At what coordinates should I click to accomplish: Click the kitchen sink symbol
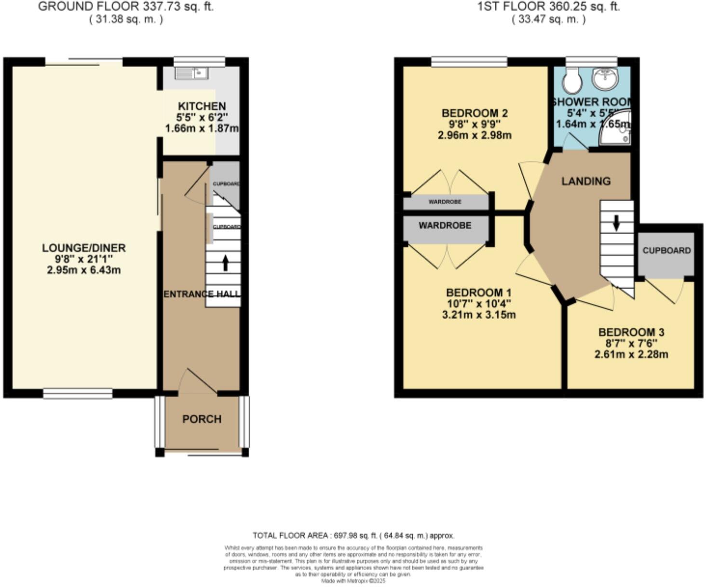pos(191,73)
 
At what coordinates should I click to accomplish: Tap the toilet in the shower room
pos(572,81)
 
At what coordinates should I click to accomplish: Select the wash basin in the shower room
pos(605,79)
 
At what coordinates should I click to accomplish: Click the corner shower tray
pos(617,127)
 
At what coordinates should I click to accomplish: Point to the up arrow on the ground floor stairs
pos(225,264)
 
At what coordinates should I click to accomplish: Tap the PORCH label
pos(202,419)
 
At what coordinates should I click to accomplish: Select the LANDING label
pos(585,181)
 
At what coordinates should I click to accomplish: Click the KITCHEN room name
pos(202,106)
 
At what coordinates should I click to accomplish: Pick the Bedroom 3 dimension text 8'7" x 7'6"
pos(631,343)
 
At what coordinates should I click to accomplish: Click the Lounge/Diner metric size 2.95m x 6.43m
pos(83,270)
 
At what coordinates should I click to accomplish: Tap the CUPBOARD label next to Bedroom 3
pos(666,251)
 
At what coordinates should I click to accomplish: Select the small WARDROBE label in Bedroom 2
pos(445,202)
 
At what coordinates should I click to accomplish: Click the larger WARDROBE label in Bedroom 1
pos(445,225)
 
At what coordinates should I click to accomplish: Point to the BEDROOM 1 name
pos(478,293)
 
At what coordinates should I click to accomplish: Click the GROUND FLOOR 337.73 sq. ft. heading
pos(126,7)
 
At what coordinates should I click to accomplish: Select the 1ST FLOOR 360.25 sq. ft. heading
pos(548,7)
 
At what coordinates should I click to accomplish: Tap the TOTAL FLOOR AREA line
pos(353,535)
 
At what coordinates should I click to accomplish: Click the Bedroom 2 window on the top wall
pos(469,62)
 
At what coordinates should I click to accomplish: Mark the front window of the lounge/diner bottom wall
pos(78,394)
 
